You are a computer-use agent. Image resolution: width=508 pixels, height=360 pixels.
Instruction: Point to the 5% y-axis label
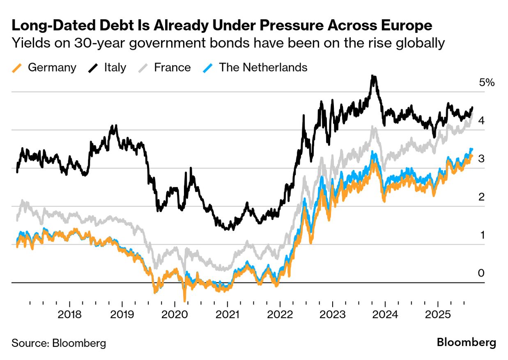[487, 83]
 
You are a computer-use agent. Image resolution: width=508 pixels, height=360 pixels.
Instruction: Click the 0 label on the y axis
[481, 273]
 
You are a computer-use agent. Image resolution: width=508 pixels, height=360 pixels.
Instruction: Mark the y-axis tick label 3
[481, 159]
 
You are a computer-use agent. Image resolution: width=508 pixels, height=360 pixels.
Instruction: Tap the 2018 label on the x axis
[70, 315]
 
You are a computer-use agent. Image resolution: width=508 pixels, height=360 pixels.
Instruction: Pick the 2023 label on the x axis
[332, 315]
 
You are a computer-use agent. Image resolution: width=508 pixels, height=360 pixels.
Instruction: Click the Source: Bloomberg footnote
[59, 343]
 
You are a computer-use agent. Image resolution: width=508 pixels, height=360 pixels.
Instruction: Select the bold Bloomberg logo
[466, 342]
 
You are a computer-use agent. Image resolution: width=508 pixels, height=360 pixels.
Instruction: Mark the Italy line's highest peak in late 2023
[373, 76]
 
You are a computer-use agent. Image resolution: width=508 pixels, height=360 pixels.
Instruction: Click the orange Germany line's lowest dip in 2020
[184, 301]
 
